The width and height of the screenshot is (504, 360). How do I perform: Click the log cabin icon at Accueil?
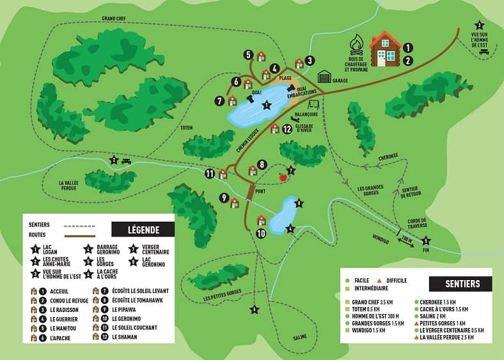pos(385,49)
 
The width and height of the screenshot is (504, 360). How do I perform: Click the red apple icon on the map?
pos(282,177)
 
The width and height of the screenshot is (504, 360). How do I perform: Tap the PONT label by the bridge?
pos(259,191)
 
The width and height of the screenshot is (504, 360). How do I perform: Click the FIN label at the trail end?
pos(427,251)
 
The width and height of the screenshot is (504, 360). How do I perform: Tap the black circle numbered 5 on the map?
pos(248,55)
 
